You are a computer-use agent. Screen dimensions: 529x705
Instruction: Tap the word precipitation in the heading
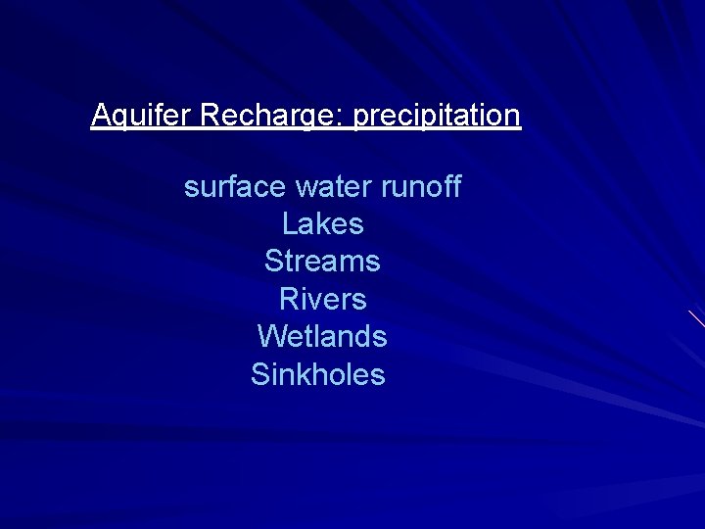[x=436, y=116]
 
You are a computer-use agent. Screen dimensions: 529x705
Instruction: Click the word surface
[x=234, y=186]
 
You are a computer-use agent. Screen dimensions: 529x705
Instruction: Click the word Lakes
[x=322, y=223]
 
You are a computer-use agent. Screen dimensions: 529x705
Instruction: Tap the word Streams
[x=322, y=262]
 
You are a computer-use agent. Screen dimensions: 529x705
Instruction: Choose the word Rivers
[x=322, y=299]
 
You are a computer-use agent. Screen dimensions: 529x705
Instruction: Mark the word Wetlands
[x=322, y=336]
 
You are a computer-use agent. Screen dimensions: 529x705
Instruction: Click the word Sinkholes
[x=318, y=374]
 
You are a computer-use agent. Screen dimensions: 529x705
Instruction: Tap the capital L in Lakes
[x=289, y=223]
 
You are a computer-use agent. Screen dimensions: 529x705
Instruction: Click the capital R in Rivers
[x=289, y=299]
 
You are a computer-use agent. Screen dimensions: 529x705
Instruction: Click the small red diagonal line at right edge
[x=696, y=317]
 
